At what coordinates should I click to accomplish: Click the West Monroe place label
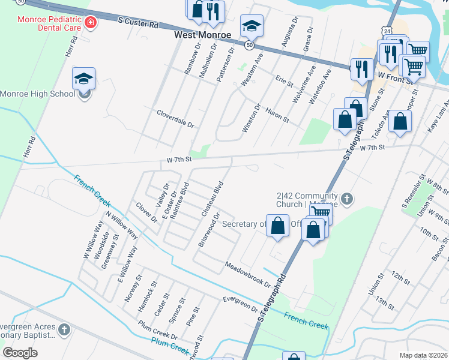[202, 35]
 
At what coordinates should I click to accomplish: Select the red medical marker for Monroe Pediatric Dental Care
[91, 23]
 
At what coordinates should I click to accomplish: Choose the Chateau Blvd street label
[212, 199]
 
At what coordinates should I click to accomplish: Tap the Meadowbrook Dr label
[248, 274]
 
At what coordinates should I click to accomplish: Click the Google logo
[20, 353]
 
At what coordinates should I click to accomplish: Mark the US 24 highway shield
[388, 29]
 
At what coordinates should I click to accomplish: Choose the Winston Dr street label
[252, 119]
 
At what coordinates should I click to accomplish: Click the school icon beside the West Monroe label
[252, 26]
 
